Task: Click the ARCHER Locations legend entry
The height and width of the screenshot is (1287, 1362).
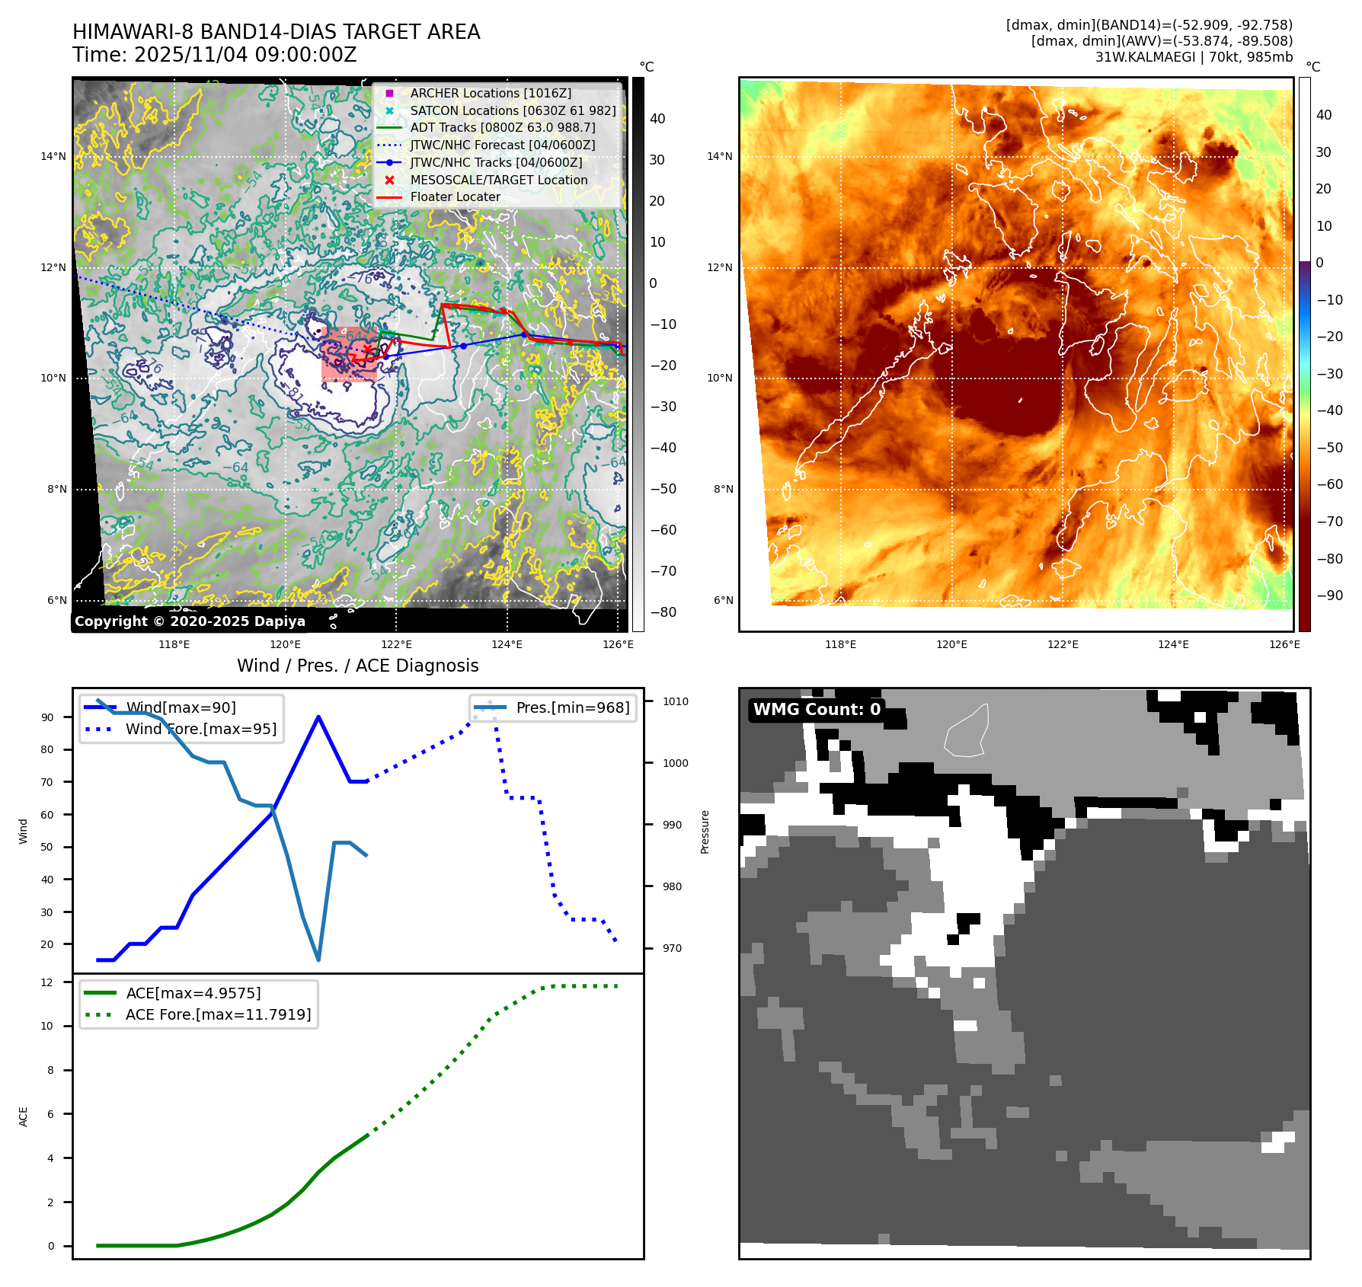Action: [491, 93]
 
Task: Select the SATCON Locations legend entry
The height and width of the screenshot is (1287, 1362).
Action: [513, 110]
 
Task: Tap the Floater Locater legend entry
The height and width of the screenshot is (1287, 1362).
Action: [455, 196]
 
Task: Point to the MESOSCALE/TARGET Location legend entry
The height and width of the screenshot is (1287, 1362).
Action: [498, 180]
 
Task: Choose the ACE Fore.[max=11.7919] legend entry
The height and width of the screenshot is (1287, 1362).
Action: [218, 1014]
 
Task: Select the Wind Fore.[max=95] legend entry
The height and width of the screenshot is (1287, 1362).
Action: [201, 729]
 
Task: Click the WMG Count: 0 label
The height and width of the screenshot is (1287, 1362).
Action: [817, 709]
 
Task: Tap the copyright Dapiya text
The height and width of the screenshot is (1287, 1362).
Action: [190, 621]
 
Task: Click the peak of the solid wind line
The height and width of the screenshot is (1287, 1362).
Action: [318, 717]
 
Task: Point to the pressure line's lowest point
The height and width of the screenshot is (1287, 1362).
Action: [318, 960]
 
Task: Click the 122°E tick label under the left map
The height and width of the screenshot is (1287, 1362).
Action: [396, 644]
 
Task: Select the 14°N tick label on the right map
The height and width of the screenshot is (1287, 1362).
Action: [719, 156]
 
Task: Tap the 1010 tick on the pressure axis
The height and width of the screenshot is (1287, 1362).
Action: [675, 701]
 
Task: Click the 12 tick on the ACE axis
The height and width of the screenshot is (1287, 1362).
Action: [47, 982]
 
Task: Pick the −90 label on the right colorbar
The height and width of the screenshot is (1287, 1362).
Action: [1329, 595]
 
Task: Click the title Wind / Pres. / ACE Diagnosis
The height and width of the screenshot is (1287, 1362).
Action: [358, 666]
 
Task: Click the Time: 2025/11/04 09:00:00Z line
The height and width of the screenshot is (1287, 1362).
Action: [215, 55]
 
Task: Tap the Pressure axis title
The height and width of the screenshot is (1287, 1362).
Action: [705, 832]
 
